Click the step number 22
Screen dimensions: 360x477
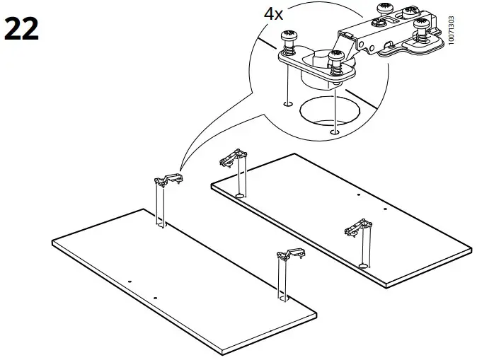[x=21, y=30]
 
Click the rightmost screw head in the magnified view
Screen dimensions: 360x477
[x=423, y=25]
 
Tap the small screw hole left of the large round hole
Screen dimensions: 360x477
[x=287, y=104]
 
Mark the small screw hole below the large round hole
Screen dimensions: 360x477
[x=333, y=131]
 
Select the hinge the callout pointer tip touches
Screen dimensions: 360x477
[x=167, y=180]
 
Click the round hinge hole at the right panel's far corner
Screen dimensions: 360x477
[x=241, y=194]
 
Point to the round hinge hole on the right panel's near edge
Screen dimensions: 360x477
[x=362, y=265]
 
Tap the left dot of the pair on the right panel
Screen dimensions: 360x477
[x=359, y=194]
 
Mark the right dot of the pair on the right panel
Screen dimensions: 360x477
[x=384, y=209]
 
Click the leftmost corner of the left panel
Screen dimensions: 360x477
[x=52, y=244]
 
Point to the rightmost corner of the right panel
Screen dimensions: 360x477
[x=471, y=249]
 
